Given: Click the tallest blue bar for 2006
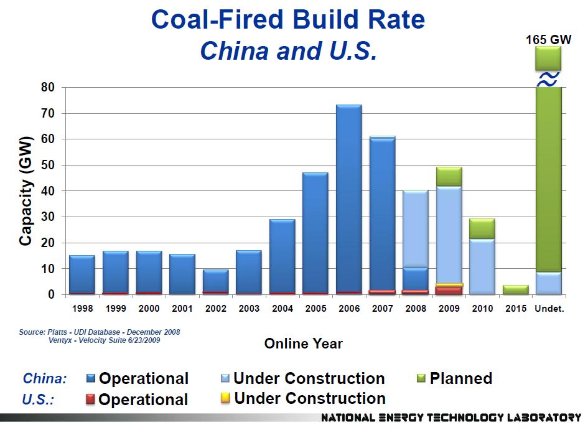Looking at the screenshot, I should [348, 199].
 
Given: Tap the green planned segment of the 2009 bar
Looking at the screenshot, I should [449, 176].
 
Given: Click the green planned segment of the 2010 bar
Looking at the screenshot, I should [482, 228].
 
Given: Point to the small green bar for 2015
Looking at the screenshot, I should [516, 289].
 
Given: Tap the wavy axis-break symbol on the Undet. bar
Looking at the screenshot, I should [548, 79].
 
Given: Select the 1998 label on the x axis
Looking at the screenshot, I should [82, 309].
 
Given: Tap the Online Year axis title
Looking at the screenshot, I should [303, 343].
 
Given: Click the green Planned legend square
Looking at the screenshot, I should [421, 378].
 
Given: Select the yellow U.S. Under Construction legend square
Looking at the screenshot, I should [225, 398].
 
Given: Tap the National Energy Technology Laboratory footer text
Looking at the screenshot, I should [451, 418].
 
